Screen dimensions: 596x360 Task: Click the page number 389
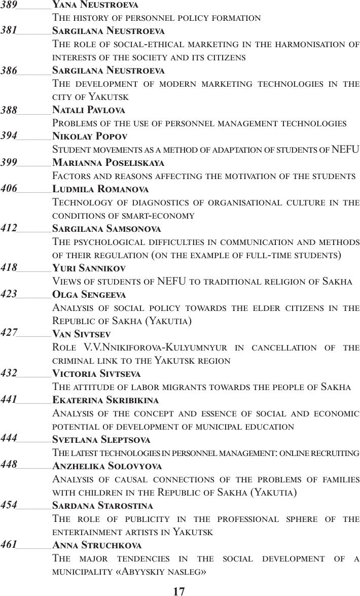pos(9,4)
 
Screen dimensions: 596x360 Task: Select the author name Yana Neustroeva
pos(95,5)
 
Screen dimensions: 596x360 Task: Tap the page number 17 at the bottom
pos(179,591)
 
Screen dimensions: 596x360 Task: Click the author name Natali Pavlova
pos(89,110)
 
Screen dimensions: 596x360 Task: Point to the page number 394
pos(9,136)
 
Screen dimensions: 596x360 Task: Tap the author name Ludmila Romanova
pos(100,189)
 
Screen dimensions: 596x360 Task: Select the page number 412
pos(9,228)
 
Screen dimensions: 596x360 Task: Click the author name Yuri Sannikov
pos(89,268)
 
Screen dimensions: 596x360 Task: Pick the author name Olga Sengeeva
pos(89,294)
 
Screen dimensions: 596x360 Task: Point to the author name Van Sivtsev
pos(82,334)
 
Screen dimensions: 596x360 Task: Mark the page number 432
pos(9,373)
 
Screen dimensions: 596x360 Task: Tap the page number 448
pos(9,465)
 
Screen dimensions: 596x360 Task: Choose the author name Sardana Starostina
pos(103,506)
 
